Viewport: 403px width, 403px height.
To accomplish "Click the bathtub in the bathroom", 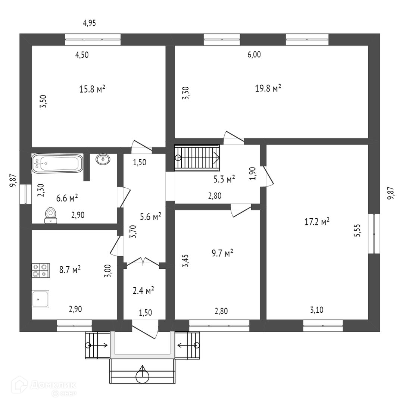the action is click(x=57, y=164).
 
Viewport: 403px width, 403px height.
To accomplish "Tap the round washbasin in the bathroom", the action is click(x=103, y=159).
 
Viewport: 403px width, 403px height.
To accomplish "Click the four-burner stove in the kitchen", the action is click(x=41, y=270).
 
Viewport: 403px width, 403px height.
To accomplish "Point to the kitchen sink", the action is click(x=41, y=299).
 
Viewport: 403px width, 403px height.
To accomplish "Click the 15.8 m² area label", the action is click(x=92, y=89).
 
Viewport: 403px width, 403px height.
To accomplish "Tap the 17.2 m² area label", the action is click(x=317, y=222).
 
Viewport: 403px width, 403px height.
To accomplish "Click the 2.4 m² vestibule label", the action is click(x=144, y=290).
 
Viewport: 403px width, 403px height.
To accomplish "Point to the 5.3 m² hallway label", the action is click(x=224, y=179).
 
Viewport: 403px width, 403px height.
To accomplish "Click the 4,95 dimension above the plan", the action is click(x=90, y=23).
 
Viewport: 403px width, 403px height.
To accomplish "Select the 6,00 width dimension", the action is click(x=254, y=55).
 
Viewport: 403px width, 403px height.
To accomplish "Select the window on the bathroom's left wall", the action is click(x=25, y=194).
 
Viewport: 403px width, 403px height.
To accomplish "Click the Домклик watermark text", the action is click(x=52, y=384).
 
